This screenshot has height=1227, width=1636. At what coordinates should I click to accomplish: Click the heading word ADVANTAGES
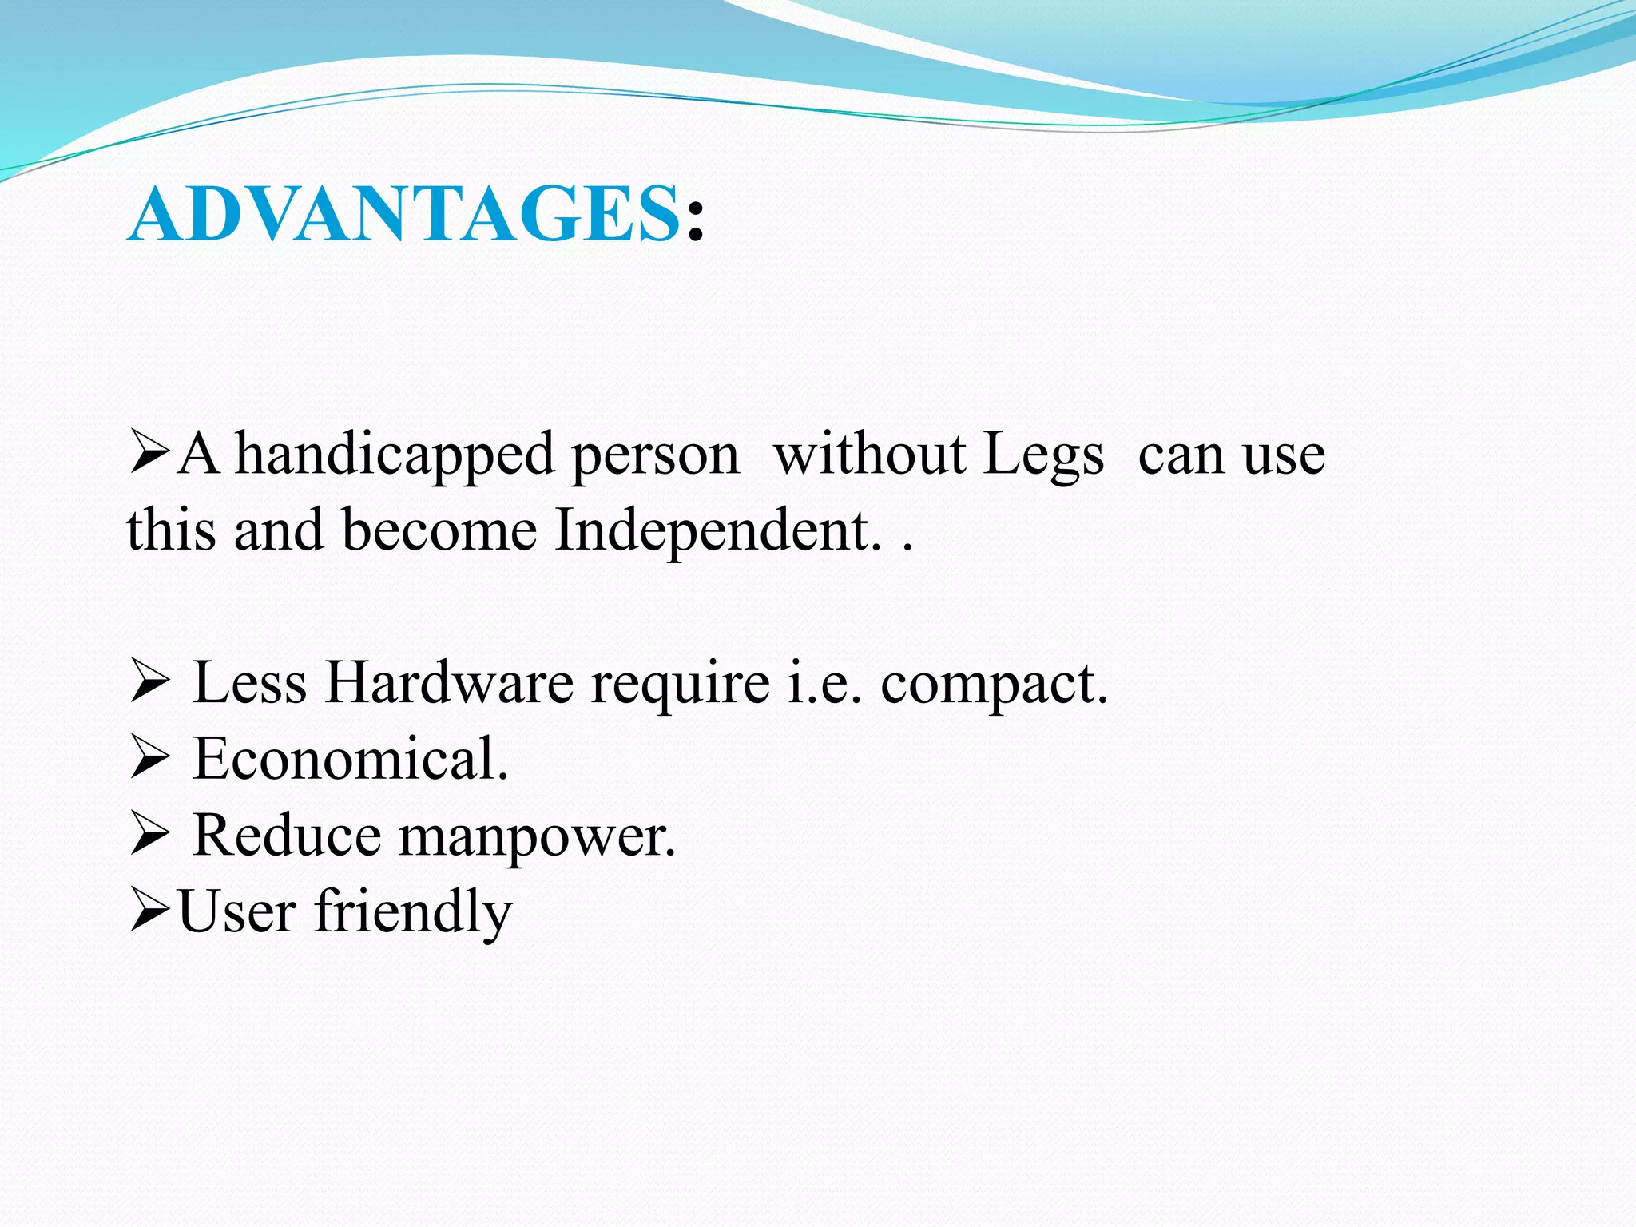click(403, 213)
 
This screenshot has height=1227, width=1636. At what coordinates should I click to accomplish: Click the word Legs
click(1043, 455)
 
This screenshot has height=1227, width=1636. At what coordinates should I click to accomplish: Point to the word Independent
click(717, 530)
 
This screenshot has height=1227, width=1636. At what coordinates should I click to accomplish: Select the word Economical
click(350, 759)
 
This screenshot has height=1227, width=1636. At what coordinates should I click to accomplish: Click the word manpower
click(537, 837)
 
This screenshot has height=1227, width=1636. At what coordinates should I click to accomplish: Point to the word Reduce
click(287, 836)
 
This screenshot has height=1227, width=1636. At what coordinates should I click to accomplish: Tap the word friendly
click(412, 912)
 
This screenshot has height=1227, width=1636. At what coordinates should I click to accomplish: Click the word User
click(236, 912)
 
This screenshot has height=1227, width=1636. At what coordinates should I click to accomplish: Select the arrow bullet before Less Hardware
click(149, 684)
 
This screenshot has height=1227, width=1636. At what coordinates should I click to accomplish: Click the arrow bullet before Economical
click(149, 759)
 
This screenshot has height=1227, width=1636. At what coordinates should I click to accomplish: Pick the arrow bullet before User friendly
click(149, 912)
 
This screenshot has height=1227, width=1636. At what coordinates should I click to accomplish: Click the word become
click(439, 530)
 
